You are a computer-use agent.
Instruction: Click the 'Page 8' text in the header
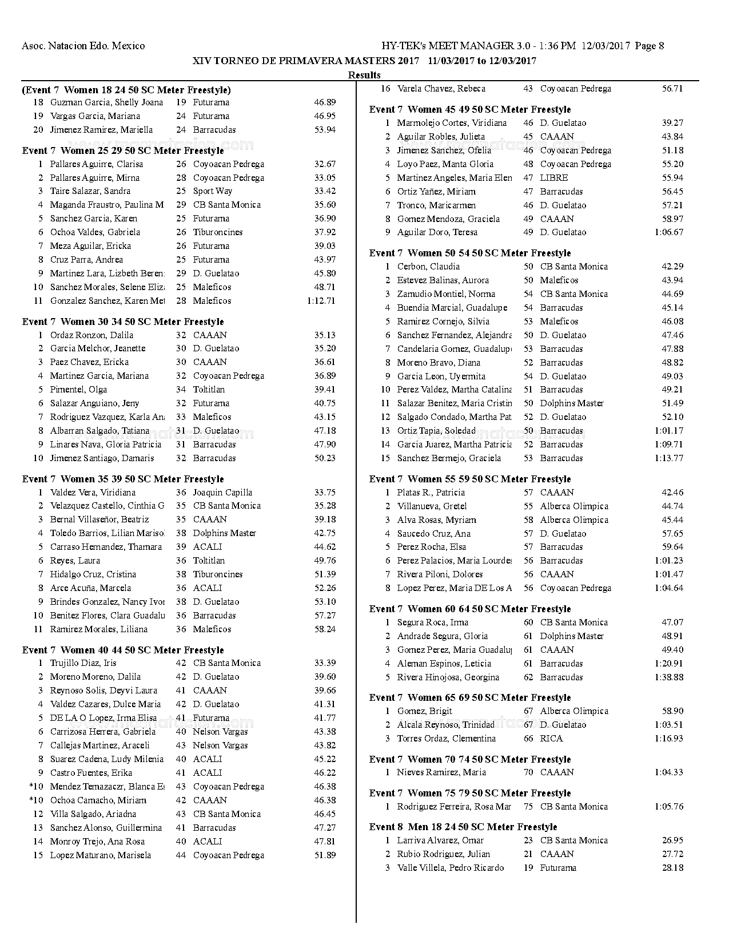tap(648, 46)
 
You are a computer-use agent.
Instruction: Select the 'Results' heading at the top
tap(364, 75)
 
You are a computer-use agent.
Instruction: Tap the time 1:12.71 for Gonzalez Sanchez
tap(321, 300)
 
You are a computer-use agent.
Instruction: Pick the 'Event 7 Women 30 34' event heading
tap(123, 322)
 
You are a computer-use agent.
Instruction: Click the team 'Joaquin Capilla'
tap(222, 492)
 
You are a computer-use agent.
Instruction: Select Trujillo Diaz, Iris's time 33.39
tap(325, 663)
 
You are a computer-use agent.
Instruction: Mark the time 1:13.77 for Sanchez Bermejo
tap(668, 458)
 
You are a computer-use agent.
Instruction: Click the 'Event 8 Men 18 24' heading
tap(463, 827)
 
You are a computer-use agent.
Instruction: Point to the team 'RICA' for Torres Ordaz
tap(551, 738)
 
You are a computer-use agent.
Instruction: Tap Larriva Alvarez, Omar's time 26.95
tap(672, 840)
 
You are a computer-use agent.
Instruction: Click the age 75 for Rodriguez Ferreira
tap(528, 806)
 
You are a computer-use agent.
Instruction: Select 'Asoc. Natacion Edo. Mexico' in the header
tap(83, 46)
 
